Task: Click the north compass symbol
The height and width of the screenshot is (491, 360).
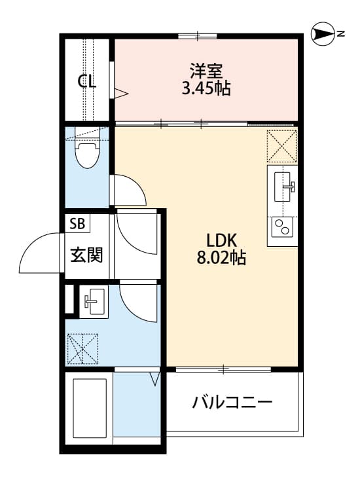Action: click(x=323, y=33)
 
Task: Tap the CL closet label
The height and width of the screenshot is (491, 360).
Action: click(x=86, y=81)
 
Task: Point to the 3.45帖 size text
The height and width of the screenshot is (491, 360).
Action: click(x=206, y=88)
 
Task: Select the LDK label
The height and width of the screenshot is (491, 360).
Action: click(x=221, y=240)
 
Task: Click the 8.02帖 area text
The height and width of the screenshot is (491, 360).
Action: click(x=221, y=258)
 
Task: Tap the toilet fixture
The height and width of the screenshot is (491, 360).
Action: click(x=86, y=153)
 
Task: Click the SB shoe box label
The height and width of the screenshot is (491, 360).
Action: click(x=77, y=223)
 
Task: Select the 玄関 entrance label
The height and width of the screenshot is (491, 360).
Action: click(x=86, y=255)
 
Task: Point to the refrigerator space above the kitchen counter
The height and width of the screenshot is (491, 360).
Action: click(x=281, y=145)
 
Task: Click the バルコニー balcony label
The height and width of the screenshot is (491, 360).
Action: click(x=232, y=401)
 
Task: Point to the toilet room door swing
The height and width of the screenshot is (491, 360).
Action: click(x=128, y=189)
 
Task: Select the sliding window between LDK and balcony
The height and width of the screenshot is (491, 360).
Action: click(x=223, y=370)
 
